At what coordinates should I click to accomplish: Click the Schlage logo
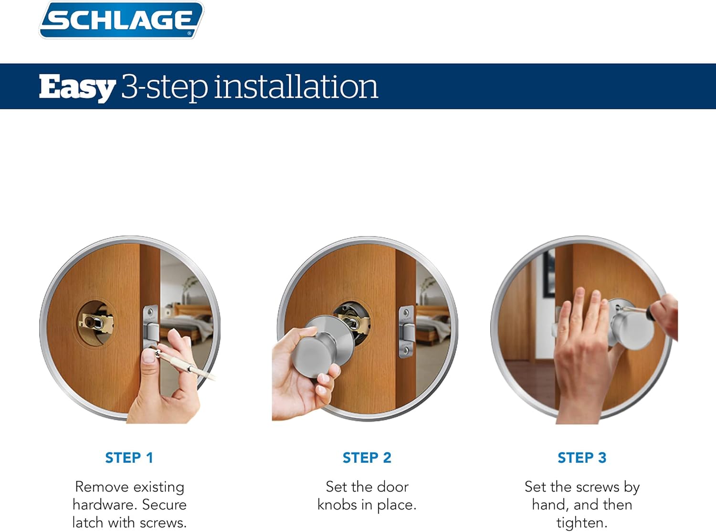[121, 20]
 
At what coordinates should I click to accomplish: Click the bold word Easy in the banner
[77, 87]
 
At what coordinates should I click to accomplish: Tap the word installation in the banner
[296, 86]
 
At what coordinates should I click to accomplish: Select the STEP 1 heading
[129, 458]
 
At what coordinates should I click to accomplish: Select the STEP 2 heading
[367, 458]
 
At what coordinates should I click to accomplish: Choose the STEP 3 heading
[581, 458]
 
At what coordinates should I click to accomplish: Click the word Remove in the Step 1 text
[101, 487]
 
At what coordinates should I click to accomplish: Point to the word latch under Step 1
[88, 522]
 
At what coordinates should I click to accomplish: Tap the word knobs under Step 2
[337, 505]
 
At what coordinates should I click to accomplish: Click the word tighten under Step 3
[581, 522]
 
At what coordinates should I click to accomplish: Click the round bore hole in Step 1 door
[95, 323]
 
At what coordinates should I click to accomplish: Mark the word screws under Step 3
[597, 487]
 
